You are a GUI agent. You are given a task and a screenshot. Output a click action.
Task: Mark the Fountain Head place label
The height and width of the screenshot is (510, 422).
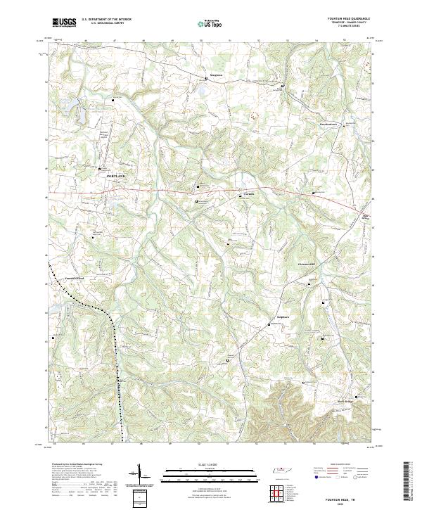(x=74, y=279)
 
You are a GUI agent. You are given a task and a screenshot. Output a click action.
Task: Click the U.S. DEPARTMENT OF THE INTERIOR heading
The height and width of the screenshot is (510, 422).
(x=106, y=20)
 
